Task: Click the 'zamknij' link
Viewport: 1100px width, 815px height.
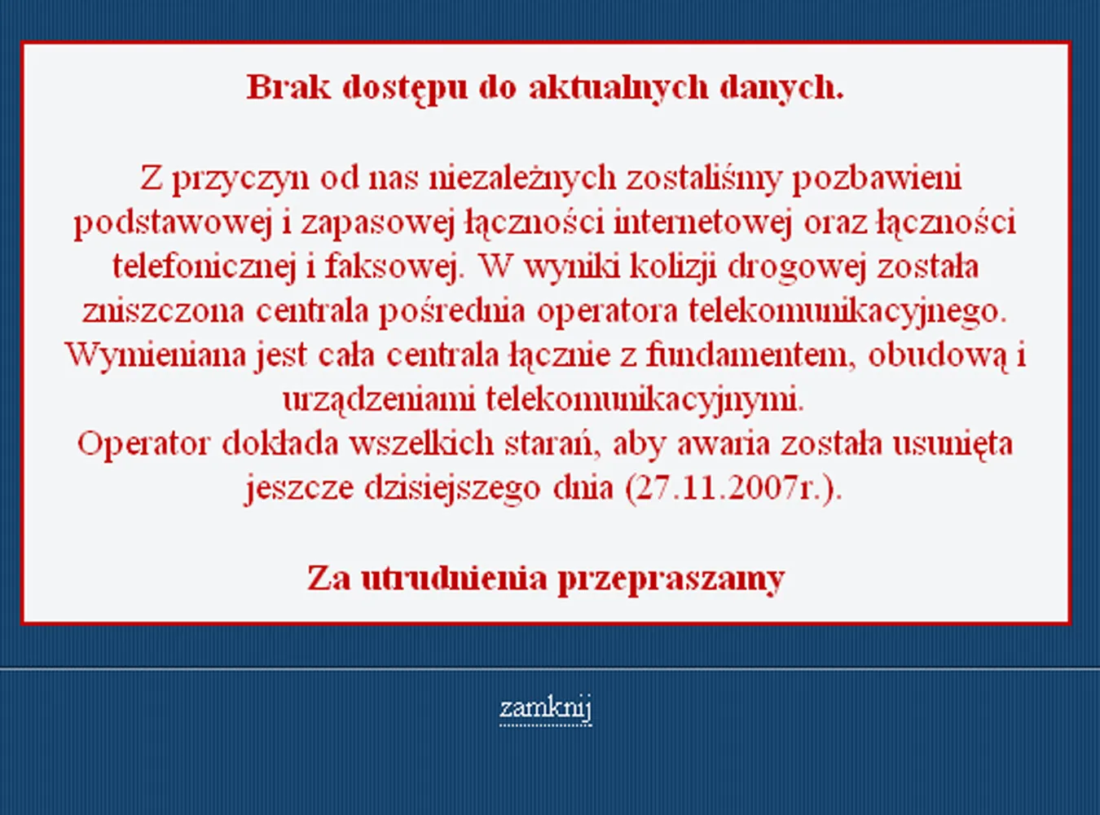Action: pos(545,707)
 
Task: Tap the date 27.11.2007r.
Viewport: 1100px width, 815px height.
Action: pos(730,487)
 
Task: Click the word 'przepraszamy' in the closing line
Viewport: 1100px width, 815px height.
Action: pos(671,579)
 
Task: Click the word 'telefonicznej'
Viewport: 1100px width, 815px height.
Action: pos(203,267)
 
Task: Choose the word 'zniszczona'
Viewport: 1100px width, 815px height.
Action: pos(163,311)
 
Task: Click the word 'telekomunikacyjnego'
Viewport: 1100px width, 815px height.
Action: pos(847,311)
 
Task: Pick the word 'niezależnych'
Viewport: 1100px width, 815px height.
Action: pos(522,178)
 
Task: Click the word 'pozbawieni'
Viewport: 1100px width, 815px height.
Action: pos(877,178)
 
